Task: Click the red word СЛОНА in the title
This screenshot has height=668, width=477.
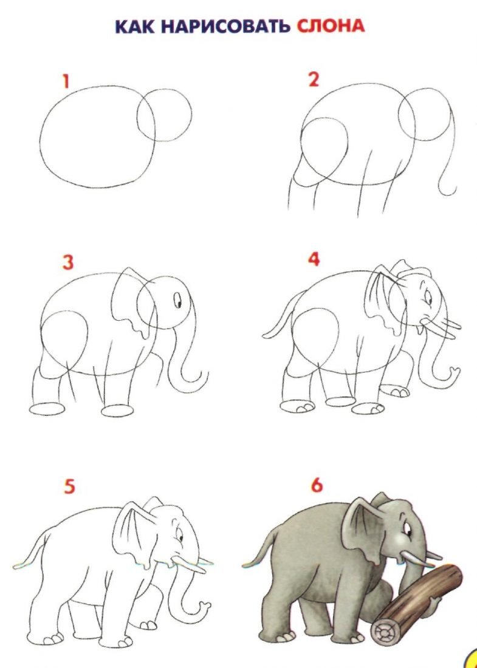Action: (x=331, y=26)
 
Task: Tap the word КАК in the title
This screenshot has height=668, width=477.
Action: (x=136, y=27)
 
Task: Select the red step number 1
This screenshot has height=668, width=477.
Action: (x=66, y=81)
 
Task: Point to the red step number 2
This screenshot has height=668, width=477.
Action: (x=314, y=80)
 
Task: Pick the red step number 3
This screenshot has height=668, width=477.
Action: (x=68, y=262)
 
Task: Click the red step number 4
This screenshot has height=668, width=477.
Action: (x=314, y=259)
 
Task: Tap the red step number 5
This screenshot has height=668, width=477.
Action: (x=69, y=486)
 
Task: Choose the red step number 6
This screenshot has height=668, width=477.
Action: (x=317, y=486)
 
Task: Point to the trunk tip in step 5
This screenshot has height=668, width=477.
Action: (x=205, y=605)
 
